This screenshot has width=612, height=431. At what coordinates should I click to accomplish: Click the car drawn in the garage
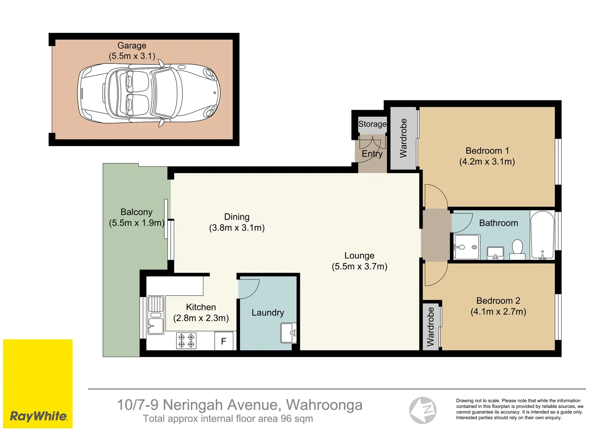point(149,93)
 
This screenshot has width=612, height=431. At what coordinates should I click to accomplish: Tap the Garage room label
point(132,45)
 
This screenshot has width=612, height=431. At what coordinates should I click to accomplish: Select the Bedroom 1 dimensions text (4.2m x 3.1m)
point(487,162)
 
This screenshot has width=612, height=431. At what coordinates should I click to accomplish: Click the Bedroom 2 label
point(498,301)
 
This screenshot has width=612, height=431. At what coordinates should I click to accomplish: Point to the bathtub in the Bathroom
point(542,235)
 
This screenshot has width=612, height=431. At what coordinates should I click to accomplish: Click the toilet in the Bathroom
point(517,249)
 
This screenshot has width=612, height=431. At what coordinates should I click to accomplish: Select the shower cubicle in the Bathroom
point(467,247)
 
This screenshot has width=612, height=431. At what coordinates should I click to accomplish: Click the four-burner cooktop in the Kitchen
point(186,341)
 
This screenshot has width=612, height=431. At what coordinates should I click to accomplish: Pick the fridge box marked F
point(224,341)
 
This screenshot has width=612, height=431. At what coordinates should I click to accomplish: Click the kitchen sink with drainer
point(156,315)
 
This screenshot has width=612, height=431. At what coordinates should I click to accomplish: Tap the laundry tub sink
point(288,333)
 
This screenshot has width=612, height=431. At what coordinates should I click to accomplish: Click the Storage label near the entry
point(372,124)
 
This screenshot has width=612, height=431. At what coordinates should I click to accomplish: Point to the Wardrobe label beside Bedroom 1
point(403,138)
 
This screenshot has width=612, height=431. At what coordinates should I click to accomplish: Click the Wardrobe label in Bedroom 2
point(431,326)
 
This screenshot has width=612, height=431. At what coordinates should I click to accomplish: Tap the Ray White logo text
point(38,416)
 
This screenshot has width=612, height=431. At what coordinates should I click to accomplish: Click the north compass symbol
point(423,410)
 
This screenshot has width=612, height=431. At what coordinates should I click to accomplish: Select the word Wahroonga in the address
point(324,405)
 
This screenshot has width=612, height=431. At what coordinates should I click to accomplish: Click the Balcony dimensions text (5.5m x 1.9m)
point(137,223)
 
